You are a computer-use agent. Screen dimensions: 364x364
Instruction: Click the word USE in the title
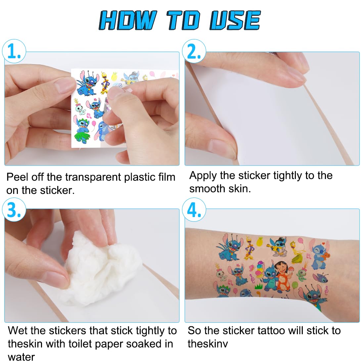(x=235, y=20)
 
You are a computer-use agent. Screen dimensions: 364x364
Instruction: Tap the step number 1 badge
(x=14, y=51)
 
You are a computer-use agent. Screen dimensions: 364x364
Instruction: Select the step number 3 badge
(x=14, y=209)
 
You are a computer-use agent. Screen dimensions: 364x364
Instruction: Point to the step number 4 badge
(x=194, y=209)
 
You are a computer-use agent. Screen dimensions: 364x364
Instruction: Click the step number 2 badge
(x=194, y=51)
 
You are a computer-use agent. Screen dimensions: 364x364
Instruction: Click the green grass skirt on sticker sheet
(x=81, y=137)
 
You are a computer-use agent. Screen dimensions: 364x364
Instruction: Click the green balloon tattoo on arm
(x=295, y=285)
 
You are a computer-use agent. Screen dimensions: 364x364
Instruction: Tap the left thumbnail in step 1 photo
(x=62, y=85)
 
